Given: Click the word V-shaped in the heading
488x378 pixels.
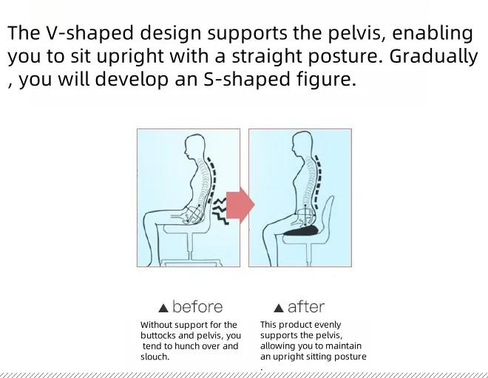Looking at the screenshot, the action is (x=89, y=33).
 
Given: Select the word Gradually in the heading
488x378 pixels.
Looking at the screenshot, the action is (x=433, y=57).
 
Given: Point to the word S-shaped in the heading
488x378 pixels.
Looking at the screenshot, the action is (x=246, y=79).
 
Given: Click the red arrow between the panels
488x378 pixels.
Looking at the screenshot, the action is (x=240, y=205).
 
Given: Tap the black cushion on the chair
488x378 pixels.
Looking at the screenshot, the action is (x=301, y=231).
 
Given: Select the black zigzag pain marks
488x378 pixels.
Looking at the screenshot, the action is (x=220, y=211).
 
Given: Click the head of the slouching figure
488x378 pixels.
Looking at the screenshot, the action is (x=194, y=145).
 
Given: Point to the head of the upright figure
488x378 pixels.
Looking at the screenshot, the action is (x=302, y=143).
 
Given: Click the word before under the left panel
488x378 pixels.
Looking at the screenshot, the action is (x=197, y=307).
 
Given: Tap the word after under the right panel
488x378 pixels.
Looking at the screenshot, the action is (x=306, y=307).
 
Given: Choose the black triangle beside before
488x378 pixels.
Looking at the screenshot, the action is (x=163, y=309).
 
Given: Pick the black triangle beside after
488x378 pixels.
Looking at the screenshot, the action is (x=279, y=308).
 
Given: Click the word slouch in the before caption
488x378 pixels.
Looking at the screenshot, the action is (x=154, y=357).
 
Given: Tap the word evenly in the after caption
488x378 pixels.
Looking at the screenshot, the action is (x=328, y=325).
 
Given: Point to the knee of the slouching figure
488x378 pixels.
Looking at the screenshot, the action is (x=149, y=218).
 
